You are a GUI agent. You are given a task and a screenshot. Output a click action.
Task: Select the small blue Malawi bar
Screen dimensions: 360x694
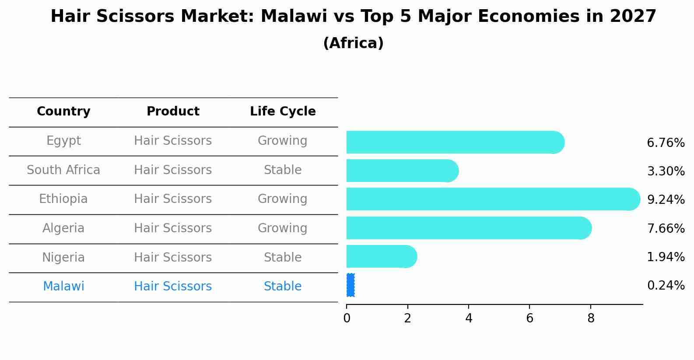tap(351, 285)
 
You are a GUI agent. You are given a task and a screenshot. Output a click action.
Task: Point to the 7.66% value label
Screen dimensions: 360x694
tap(666, 228)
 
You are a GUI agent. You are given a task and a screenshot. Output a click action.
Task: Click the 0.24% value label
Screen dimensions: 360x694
tap(666, 286)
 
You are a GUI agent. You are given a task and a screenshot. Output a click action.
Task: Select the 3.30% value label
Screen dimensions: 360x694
tap(666, 171)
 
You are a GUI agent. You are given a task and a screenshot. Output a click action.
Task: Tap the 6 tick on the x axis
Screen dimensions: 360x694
tap(529, 318)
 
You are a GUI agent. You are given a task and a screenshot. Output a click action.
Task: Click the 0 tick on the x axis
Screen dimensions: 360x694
tap(347, 318)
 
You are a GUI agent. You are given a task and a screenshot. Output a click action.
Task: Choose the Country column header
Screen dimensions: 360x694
tap(63, 112)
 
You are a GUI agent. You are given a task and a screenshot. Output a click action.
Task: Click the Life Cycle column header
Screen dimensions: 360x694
tap(283, 112)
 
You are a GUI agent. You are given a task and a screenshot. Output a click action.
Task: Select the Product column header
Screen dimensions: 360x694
tap(173, 112)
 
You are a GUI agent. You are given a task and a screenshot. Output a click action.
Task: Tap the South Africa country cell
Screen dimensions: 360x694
tap(63, 170)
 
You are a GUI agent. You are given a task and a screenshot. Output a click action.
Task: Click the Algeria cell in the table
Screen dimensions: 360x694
tap(63, 228)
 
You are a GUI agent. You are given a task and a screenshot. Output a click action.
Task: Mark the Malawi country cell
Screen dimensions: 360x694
tap(63, 287)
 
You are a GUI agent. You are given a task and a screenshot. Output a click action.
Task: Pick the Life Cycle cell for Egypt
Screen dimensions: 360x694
tap(282, 141)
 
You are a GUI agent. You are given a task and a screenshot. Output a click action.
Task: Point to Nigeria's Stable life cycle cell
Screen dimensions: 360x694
tap(283, 257)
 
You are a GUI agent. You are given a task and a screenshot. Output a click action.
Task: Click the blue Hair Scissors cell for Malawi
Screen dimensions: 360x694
tap(173, 287)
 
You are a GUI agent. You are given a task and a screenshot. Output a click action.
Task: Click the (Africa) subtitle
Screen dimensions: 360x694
tap(353, 43)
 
